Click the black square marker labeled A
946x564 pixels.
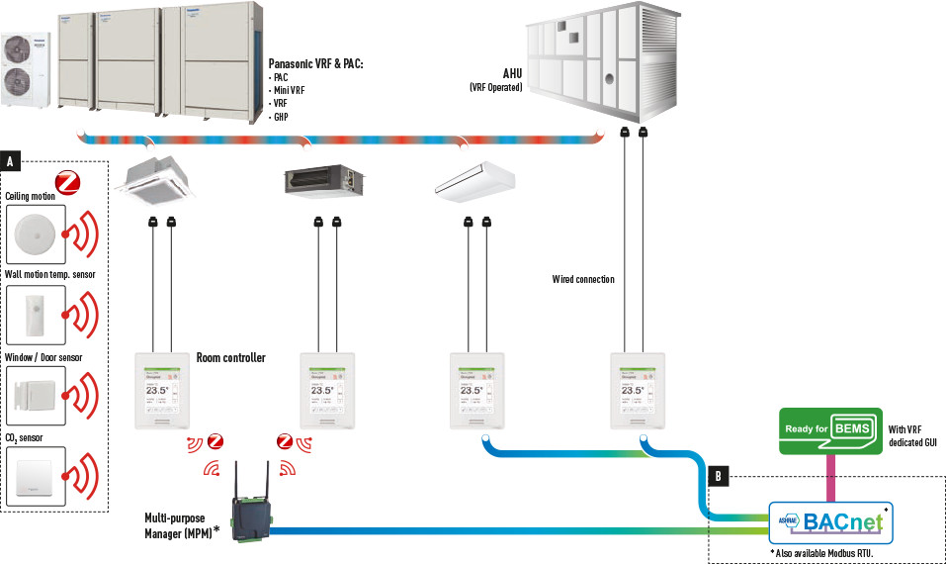10,159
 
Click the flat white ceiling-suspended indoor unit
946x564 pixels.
475,179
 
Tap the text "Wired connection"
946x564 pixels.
583,280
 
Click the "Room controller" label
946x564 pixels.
230,357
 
